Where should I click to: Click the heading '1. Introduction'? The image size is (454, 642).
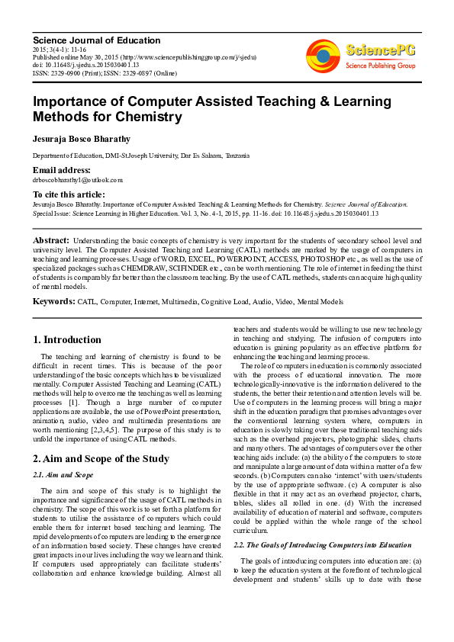[67, 339]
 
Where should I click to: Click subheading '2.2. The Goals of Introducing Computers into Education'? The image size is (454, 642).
[322, 545]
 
